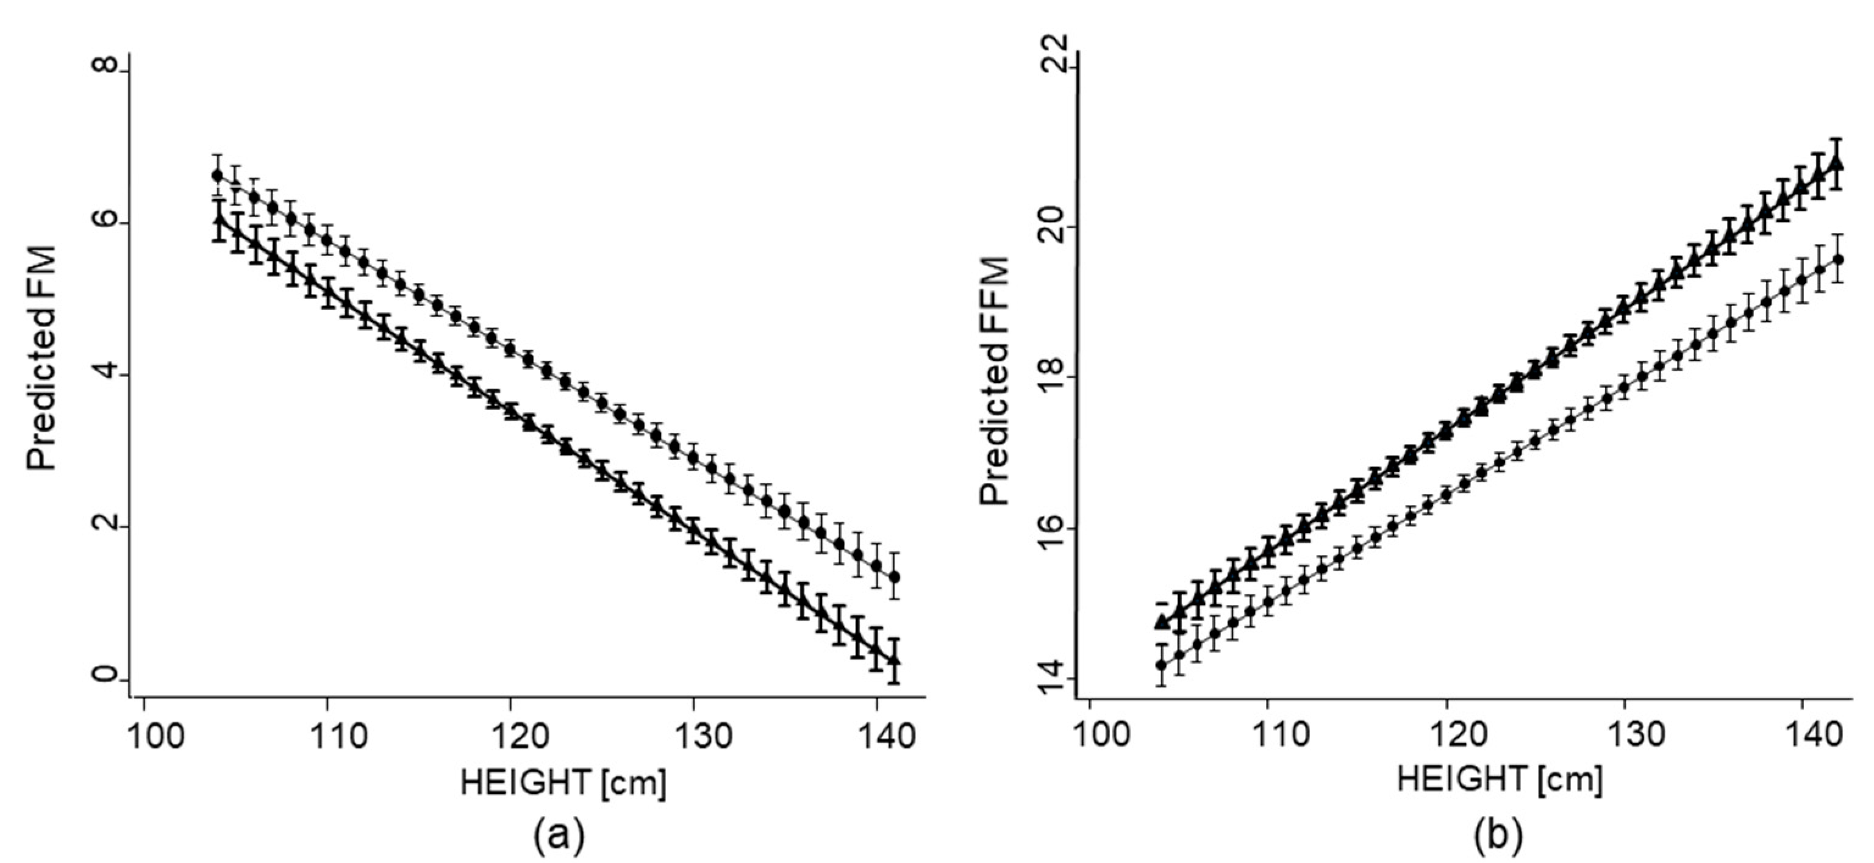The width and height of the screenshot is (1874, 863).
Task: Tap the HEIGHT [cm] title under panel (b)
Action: (1500, 781)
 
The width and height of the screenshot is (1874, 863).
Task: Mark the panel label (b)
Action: (1498, 837)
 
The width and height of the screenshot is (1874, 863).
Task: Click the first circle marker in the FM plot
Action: (216, 176)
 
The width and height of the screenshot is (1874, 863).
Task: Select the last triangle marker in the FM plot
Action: (894, 659)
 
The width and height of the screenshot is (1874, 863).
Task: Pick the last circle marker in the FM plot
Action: (895, 577)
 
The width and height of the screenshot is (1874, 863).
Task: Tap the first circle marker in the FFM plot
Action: (1161, 664)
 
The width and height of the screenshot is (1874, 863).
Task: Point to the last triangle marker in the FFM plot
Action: (1837, 162)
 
